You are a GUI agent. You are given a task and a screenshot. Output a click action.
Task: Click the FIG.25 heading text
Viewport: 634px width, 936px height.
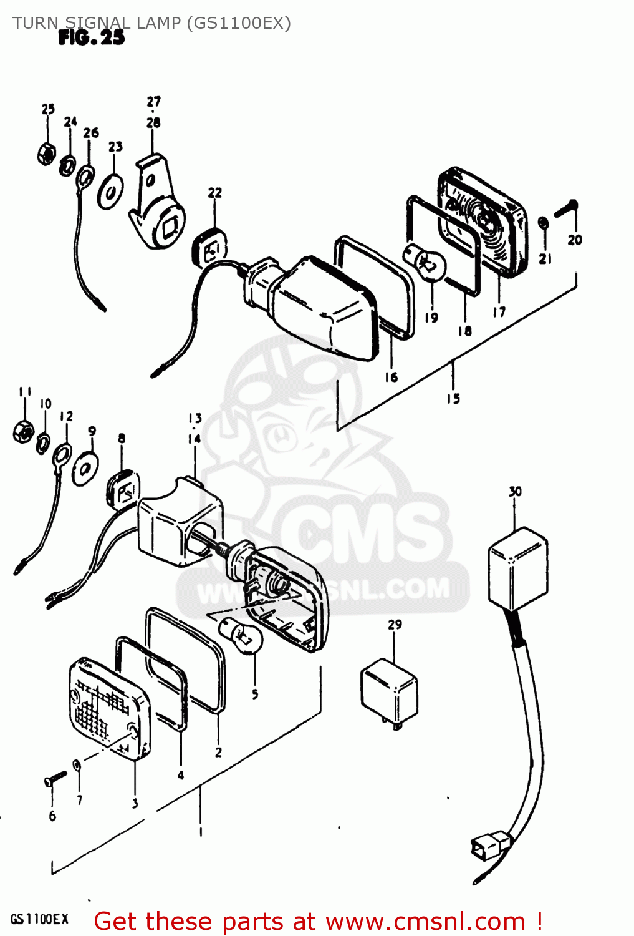tap(91, 38)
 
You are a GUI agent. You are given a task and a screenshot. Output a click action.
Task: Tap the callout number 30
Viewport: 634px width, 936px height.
tap(515, 492)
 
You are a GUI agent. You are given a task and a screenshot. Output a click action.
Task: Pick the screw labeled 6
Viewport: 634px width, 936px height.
tap(55, 778)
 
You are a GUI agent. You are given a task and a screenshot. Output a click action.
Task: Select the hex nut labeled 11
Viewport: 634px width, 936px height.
tap(23, 431)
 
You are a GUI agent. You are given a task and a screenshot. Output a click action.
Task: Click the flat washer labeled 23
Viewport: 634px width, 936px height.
tap(110, 192)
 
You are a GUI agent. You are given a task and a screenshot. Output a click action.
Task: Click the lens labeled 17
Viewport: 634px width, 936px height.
tap(483, 222)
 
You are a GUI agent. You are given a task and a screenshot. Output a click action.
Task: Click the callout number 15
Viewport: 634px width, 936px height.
tap(453, 398)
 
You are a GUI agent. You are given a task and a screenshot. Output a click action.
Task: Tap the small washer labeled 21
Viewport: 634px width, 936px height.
tap(543, 222)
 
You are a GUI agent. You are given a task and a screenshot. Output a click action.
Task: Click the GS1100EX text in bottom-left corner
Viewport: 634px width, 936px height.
tap(39, 919)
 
